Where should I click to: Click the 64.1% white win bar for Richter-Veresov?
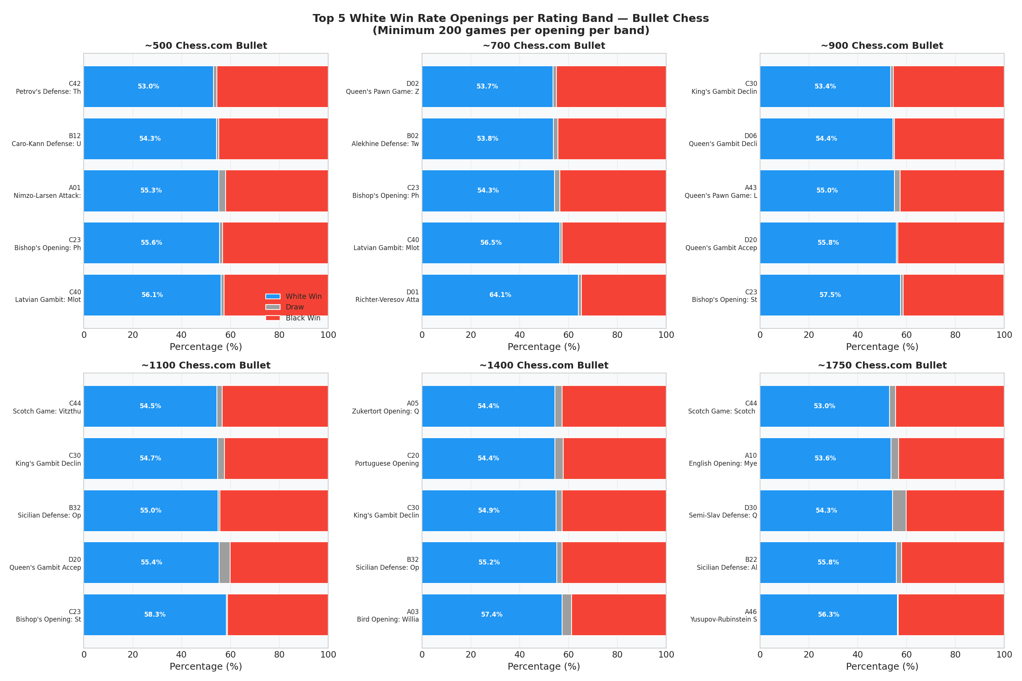pos(500,295)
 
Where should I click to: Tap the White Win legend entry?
pos(294,296)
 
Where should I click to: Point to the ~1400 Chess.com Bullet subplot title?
pos(544,365)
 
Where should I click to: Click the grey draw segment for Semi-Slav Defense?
pos(899,511)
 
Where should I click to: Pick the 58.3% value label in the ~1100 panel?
pos(155,614)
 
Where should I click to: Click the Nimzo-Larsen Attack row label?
pos(47,191)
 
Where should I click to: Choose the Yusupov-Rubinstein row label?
pos(723,616)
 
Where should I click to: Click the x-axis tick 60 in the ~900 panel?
pos(907,335)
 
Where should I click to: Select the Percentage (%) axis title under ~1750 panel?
pos(882,666)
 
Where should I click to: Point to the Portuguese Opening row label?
pos(387,460)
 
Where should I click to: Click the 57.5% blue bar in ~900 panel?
pos(830,295)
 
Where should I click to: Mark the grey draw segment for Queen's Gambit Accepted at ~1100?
pos(224,563)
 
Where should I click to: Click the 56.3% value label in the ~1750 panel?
pos(828,614)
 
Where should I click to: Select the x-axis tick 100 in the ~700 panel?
pos(666,335)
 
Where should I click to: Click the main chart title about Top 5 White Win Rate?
pos(511,24)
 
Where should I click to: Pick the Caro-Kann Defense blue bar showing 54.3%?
pos(150,138)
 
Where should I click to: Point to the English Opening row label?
pos(723,460)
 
